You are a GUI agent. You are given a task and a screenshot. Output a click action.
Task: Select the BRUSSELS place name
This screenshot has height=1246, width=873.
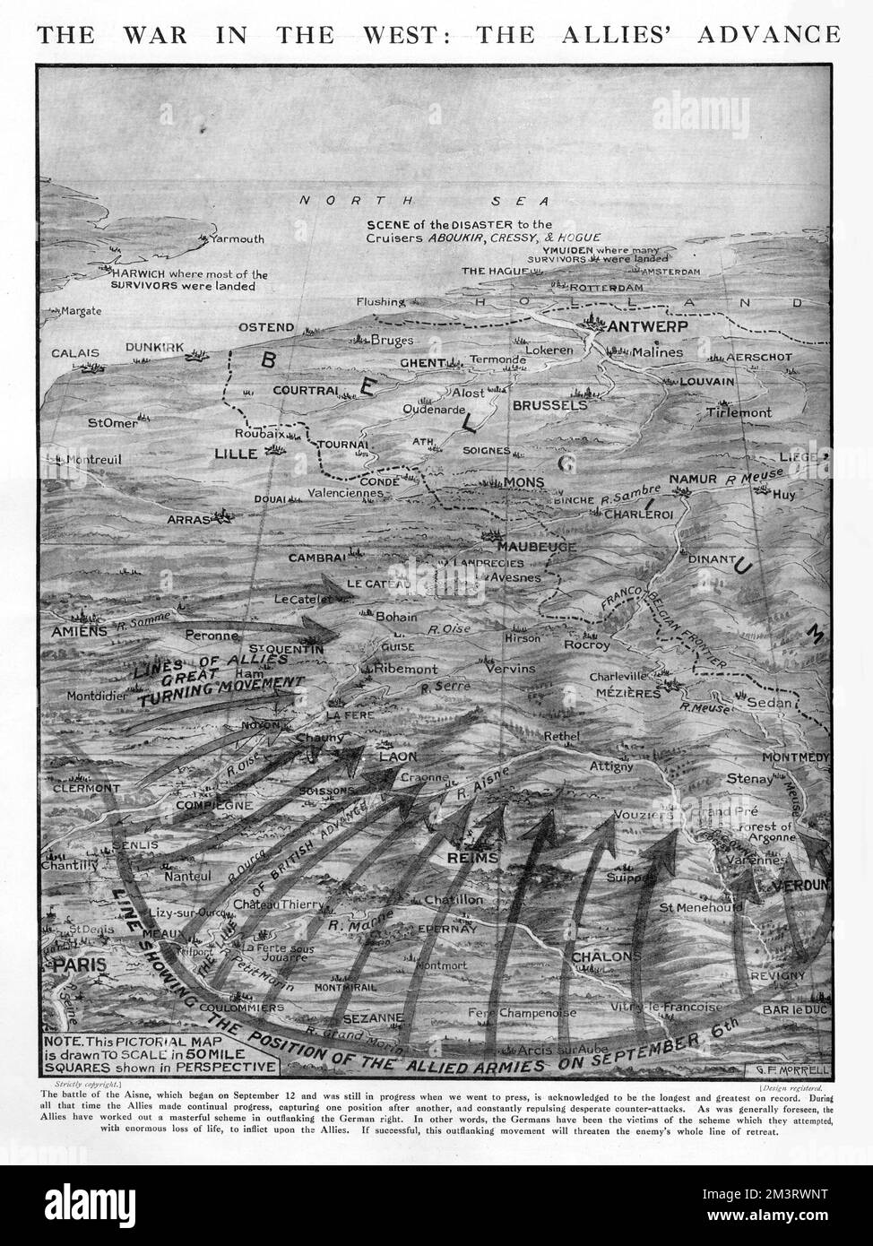click(549, 405)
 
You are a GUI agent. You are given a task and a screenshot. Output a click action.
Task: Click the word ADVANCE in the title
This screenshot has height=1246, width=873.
click(767, 34)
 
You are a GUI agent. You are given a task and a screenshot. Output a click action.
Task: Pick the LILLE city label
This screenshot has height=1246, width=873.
click(237, 454)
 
